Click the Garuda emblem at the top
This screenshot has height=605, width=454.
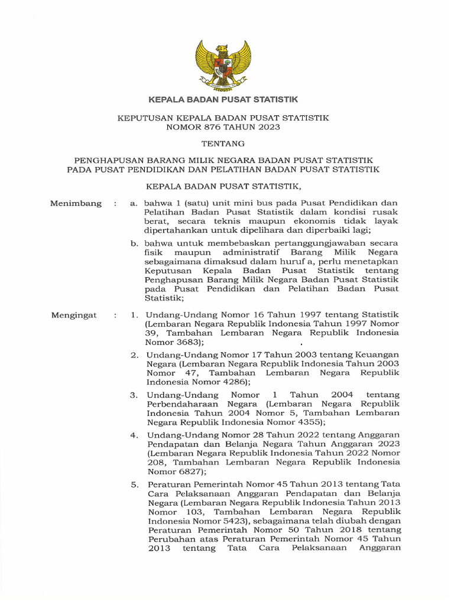223,63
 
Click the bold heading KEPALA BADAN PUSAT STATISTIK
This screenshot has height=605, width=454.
223,100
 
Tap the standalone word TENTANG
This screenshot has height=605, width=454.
223,144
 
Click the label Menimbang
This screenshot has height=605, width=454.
76,203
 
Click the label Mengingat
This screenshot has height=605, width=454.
74,315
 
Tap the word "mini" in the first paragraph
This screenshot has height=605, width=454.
225,203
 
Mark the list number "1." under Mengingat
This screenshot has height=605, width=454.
135,315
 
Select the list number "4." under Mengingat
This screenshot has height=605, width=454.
135,435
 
